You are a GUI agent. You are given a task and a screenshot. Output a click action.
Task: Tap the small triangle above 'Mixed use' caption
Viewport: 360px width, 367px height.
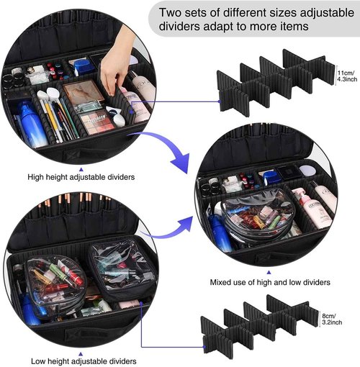tap(269, 272)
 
